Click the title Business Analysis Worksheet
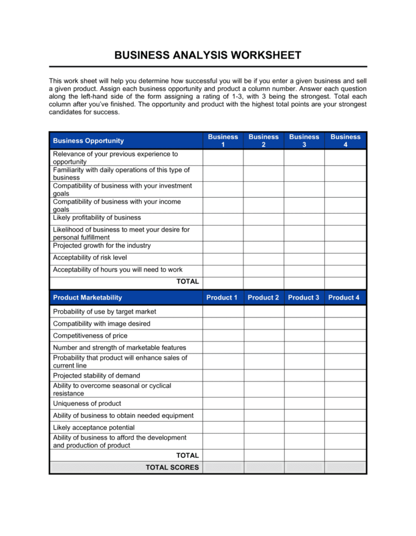click(208, 55)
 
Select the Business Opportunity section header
click(88, 141)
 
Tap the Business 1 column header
click(223, 141)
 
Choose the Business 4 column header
click(345, 141)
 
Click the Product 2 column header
click(264, 297)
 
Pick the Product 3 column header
click(304, 297)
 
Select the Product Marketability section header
click(87, 297)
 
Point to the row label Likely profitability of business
click(97, 218)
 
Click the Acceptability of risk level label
click(90, 258)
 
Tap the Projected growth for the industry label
click(102, 245)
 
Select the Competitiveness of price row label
click(90, 336)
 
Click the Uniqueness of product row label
click(87, 404)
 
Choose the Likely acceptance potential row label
click(94, 428)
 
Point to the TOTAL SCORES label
click(172, 467)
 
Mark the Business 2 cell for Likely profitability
click(264, 219)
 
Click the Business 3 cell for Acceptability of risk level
click(304, 258)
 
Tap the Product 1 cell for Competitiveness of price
click(223, 336)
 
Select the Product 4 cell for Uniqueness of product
click(345, 404)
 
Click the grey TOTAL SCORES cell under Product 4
click(345, 467)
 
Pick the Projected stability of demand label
click(96, 376)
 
